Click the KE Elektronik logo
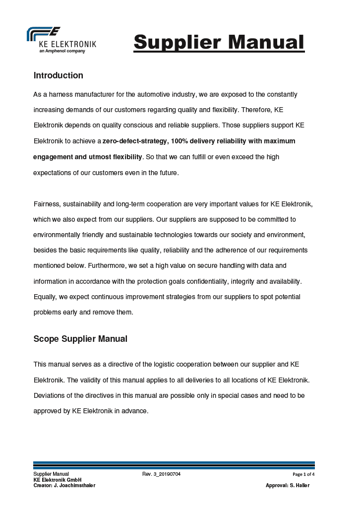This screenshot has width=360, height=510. pos(61,40)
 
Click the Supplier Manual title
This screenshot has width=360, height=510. pos(219,42)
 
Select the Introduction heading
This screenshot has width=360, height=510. pos(58,75)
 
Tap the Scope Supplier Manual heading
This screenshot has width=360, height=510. pos(80,339)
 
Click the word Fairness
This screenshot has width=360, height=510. pos(46,204)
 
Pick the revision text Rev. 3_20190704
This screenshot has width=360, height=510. pos(161,474)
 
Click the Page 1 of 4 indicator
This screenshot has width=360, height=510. pos(303,474)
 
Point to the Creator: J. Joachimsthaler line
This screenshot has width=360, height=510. pos(64,485)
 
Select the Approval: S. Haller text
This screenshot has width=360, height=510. pos(288,485)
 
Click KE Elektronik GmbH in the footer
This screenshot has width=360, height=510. pos(57,480)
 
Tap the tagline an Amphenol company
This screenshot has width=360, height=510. pos(62,51)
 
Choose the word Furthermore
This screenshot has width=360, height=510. pos(106,266)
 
